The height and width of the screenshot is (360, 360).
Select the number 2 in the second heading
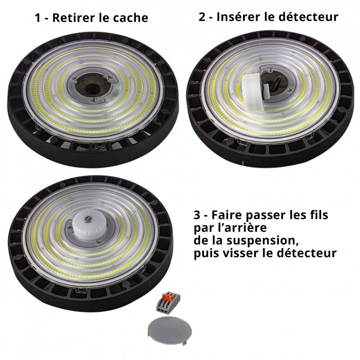click(202, 17)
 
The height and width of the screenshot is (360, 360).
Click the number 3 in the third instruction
click(196, 215)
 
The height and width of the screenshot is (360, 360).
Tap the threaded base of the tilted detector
click(268, 90)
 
